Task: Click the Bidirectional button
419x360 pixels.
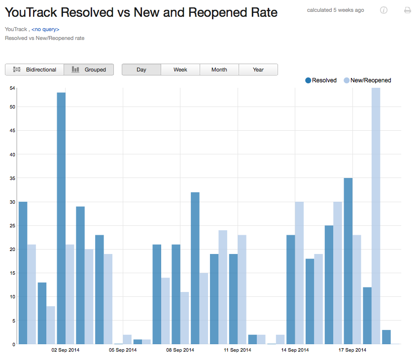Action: click(x=35, y=70)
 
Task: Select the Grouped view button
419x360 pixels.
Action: click(x=89, y=70)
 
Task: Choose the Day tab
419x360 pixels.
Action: click(x=141, y=70)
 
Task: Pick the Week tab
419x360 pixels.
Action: click(x=180, y=70)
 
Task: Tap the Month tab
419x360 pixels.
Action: click(x=219, y=70)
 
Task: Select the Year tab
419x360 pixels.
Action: click(x=258, y=70)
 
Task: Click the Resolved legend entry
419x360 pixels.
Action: click(x=321, y=80)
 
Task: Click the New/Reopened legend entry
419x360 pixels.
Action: click(x=367, y=80)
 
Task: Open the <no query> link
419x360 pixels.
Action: click(x=45, y=30)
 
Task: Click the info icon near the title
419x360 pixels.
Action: click(x=384, y=10)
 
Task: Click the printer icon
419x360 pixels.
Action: click(x=408, y=10)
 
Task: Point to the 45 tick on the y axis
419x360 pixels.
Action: click(x=13, y=131)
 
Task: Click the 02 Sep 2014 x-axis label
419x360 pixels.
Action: click(x=65, y=350)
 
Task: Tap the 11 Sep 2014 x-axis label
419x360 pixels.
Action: click(x=238, y=350)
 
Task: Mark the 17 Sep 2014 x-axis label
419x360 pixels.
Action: click(x=352, y=350)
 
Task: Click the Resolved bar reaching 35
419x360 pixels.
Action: click(x=348, y=261)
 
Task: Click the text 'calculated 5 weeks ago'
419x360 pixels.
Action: click(x=335, y=10)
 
